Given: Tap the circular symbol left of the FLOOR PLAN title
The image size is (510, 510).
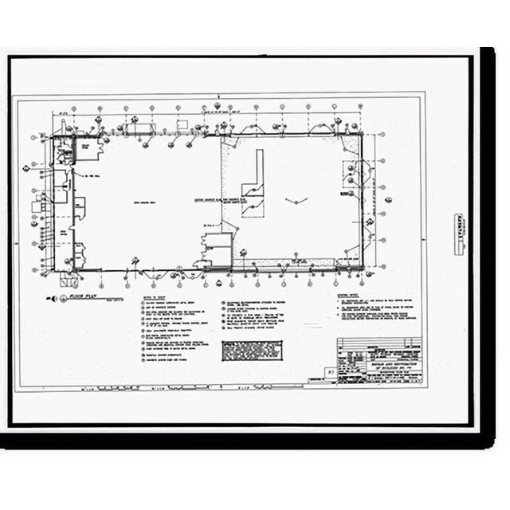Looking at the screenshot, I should tap(54, 297).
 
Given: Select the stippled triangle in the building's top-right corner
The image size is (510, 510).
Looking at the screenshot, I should tap(348, 140).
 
